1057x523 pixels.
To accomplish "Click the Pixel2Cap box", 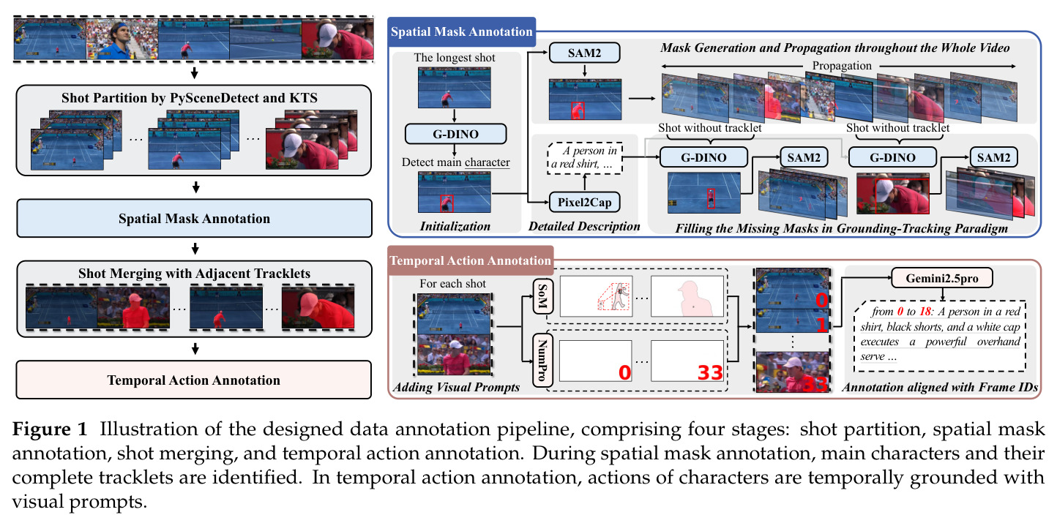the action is pos(585,203).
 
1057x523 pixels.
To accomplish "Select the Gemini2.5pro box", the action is pos(942,278).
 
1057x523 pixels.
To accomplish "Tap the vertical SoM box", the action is pos(542,296).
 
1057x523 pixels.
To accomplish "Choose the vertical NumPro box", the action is pos(542,361).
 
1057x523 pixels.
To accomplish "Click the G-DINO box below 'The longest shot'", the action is pos(456,134).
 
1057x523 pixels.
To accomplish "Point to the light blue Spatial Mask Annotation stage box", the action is pos(195,219).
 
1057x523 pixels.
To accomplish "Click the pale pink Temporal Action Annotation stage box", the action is pos(194,380).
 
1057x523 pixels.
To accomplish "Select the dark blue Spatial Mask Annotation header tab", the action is pos(461,31).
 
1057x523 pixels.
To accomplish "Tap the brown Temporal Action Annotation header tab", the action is pos(470,260).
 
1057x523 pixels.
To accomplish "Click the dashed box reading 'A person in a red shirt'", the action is pos(585,158).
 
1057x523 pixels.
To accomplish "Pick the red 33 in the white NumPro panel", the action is pos(710,372).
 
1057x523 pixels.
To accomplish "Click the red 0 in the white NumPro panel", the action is pos(625,372).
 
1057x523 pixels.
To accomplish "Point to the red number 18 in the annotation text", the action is pos(925,312).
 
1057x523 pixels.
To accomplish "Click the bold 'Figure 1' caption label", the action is pos(50,429).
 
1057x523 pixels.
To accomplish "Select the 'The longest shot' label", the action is pos(455,58).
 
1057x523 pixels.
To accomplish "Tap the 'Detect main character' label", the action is pos(456,162).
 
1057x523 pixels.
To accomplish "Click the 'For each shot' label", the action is pos(452,283).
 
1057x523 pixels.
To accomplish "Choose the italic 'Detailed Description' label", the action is pos(584,226).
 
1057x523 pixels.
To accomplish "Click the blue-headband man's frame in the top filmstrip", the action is pos(122,39).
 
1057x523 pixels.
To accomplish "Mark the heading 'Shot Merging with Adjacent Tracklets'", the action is pos(195,274).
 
